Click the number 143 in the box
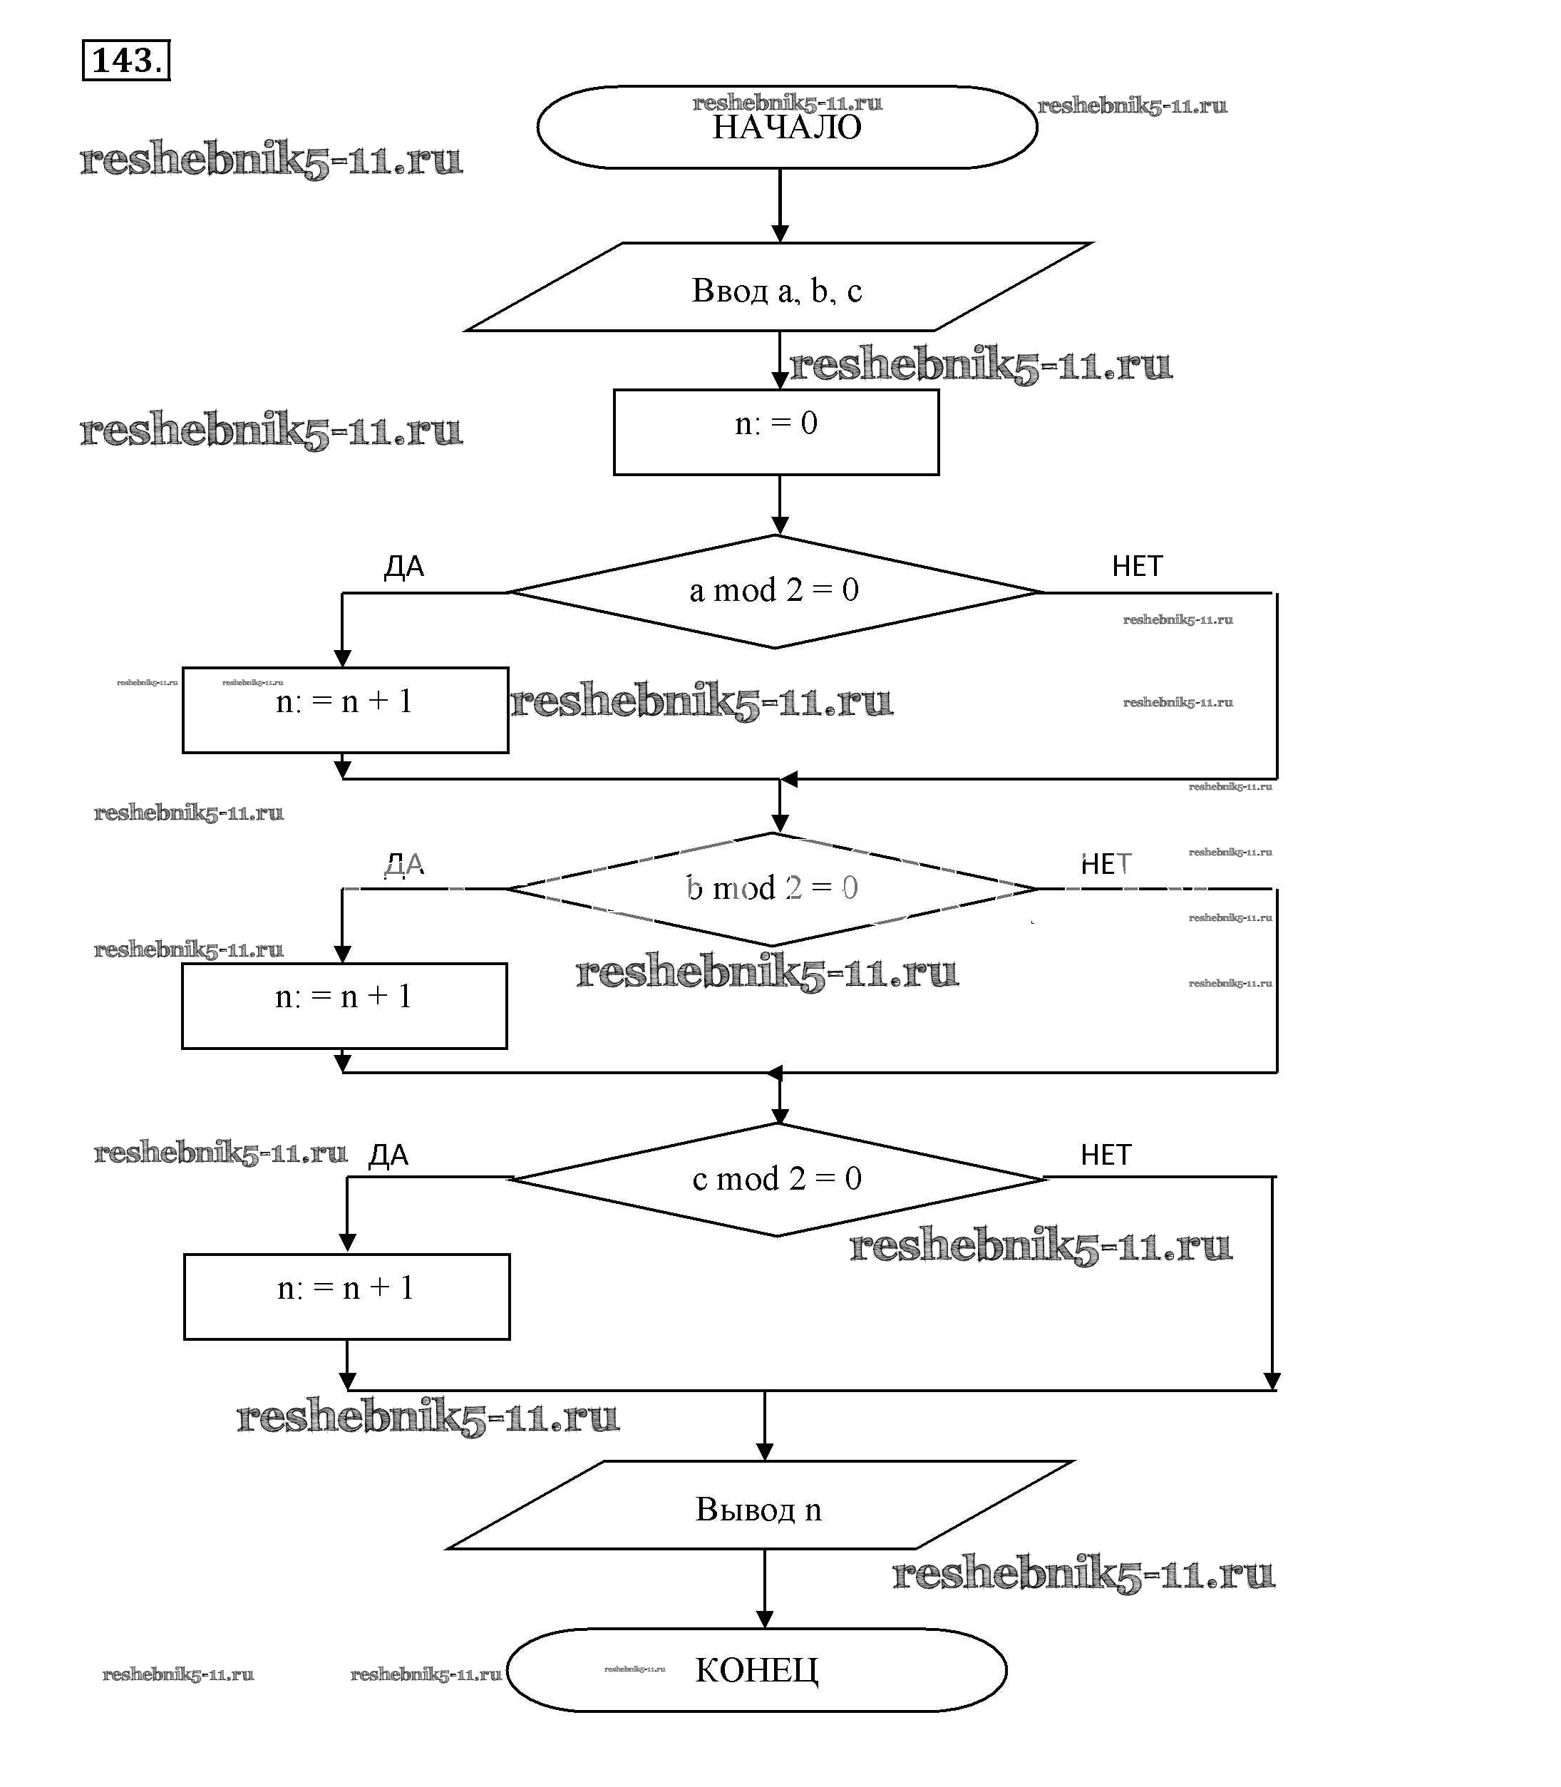(x=125, y=60)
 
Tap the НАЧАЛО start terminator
(x=787, y=127)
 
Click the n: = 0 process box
(x=776, y=431)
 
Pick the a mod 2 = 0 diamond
(x=774, y=592)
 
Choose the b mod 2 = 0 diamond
(x=773, y=889)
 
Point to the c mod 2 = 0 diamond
(x=777, y=1179)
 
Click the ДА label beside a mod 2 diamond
(x=404, y=567)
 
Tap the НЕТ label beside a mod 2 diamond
(x=1137, y=567)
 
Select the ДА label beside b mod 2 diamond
(x=404, y=865)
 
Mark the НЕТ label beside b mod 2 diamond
(x=1106, y=865)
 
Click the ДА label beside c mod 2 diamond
(x=388, y=1155)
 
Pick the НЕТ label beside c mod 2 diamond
(x=1106, y=1155)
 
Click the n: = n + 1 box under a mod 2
(x=345, y=710)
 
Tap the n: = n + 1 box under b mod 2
(x=344, y=1006)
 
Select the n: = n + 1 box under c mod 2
(x=346, y=1297)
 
